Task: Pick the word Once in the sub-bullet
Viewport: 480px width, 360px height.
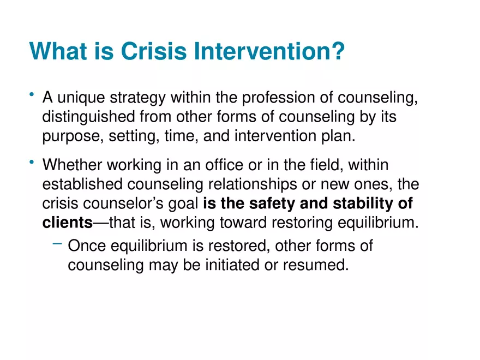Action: point(87,246)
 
